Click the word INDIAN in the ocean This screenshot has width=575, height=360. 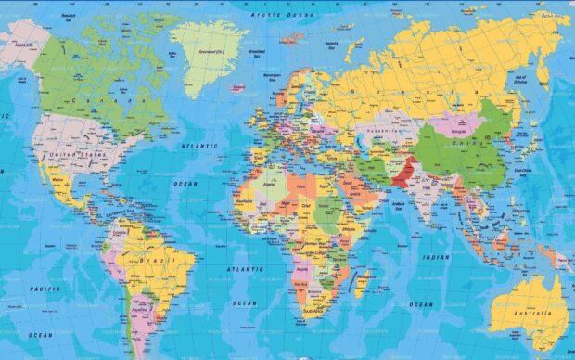tap(435, 257)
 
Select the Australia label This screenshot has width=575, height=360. tap(533, 315)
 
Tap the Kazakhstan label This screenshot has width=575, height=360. tap(381, 133)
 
